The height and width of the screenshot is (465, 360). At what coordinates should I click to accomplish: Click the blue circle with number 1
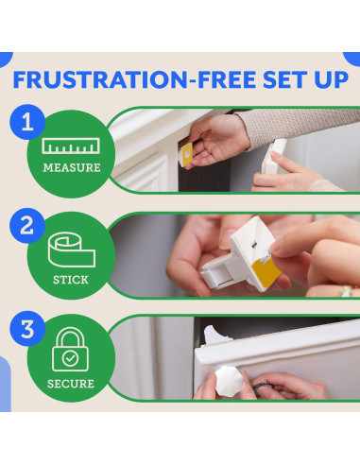pyautogui.click(x=27, y=122)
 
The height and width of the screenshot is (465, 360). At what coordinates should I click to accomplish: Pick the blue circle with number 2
pyautogui.click(x=27, y=226)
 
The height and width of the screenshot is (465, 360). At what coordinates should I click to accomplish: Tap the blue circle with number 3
pyautogui.click(x=27, y=329)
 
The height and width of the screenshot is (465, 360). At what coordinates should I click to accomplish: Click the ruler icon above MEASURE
pyautogui.click(x=71, y=146)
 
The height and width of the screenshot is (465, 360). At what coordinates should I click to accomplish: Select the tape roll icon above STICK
pyautogui.click(x=72, y=250)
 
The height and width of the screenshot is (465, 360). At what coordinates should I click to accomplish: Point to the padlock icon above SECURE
pyautogui.click(x=71, y=350)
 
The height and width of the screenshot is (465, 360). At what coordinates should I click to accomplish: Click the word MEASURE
pyautogui.click(x=72, y=168)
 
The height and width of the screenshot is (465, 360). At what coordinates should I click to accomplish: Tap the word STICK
pyautogui.click(x=71, y=280)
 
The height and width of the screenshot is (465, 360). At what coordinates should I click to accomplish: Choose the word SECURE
pyautogui.click(x=71, y=384)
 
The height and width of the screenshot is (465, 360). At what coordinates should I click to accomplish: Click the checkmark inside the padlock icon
pyautogui.click(x=70, y=358)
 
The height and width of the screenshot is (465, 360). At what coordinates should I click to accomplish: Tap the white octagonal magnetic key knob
pyautogui.click(x=229, y=381)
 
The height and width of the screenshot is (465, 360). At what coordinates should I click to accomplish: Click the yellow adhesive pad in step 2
pyautogui.click(x=266, y=270)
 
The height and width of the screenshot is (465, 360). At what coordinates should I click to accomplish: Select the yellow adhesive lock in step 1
pyautogui.click(x=186, y=154)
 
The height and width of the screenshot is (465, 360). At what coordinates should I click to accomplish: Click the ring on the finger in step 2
pyautogui.click(x=347, y=291)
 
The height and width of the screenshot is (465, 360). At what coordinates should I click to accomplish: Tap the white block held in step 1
pyautogui.click(x=274, y=156)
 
